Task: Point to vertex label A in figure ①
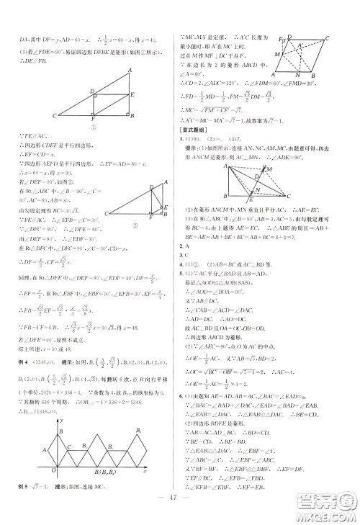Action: [130, 69]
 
